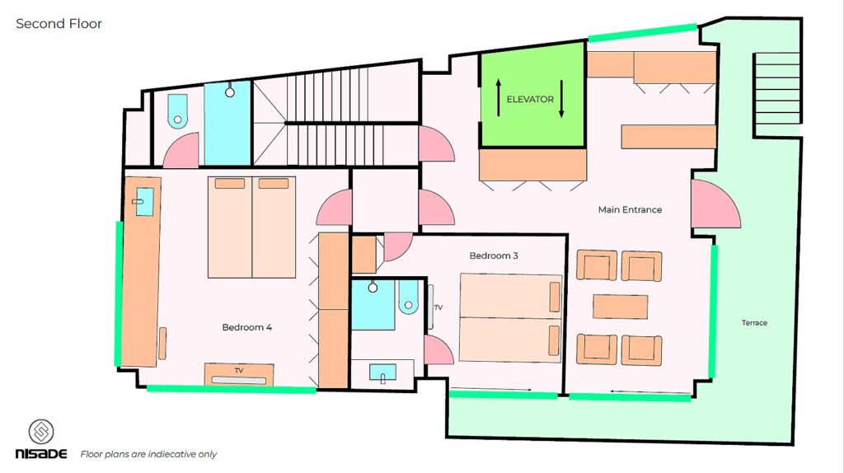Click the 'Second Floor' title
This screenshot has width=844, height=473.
(x=59, y=24)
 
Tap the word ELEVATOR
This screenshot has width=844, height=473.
(x=530, y=99)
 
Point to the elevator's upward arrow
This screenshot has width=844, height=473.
(x=499, y=97)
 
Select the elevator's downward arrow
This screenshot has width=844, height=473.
(x=561, y=99)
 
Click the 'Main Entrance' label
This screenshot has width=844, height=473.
(x=630, y=209)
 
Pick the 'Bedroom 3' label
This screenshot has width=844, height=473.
(x=494, y=255)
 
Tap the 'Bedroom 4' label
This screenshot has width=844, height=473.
(x=246, y=327)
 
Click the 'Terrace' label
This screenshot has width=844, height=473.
(x=754, y=323)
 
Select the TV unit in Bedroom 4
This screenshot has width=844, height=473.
(x=239, y=374)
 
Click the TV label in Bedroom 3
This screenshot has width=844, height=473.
(x=438, y=308)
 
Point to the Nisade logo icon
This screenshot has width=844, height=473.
(x=41, y=432)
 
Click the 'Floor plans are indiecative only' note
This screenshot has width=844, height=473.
(x=148, y=454)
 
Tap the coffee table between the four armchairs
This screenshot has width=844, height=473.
(x=620, y=307)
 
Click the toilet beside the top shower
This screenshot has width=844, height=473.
(x=178, y=111)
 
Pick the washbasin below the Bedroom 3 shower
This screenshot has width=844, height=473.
(x=382, y=373)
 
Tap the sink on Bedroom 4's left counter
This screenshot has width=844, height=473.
(x=144, y=201)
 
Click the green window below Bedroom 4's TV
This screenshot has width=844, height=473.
(x=231, y=389)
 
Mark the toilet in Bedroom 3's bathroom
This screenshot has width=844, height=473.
(x=408, y=297)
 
